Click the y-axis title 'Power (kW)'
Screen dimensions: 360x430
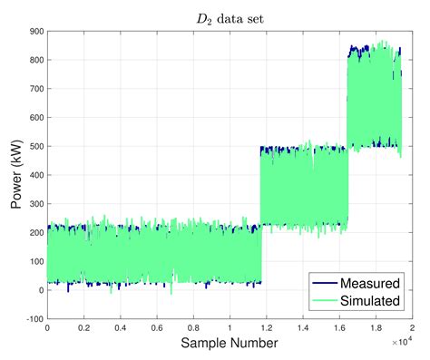pyautogui.click(x=17, y=174)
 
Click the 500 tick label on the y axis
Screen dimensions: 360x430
pyautogui.click(x=35, y=146)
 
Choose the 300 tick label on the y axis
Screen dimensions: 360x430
pyautogui.click(x=35, y=204)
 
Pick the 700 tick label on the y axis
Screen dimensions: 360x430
pyautogui.click(x=35, y=88)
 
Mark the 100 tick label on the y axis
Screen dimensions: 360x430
pyautogui.click(x=35, y=261)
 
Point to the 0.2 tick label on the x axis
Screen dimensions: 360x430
pyautogui.click(x=83, y=327)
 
